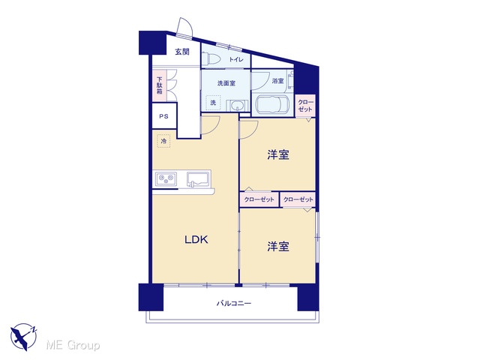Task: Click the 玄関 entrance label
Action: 182,52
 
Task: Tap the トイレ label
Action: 236,59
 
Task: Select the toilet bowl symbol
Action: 207,58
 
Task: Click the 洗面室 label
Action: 226,83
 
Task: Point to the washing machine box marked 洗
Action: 213,102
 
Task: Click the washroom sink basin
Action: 236,106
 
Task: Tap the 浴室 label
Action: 277,81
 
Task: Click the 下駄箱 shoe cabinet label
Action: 160,85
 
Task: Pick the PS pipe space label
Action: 163,116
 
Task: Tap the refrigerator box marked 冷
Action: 163,141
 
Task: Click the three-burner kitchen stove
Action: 166,178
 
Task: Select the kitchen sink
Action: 198,178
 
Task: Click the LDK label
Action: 196,239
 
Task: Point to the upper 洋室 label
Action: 278,154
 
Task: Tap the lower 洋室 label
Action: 278,246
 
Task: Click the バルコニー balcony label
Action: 234,303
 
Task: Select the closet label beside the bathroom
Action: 305,106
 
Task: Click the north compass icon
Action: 24,337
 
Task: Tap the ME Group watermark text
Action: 73,346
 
